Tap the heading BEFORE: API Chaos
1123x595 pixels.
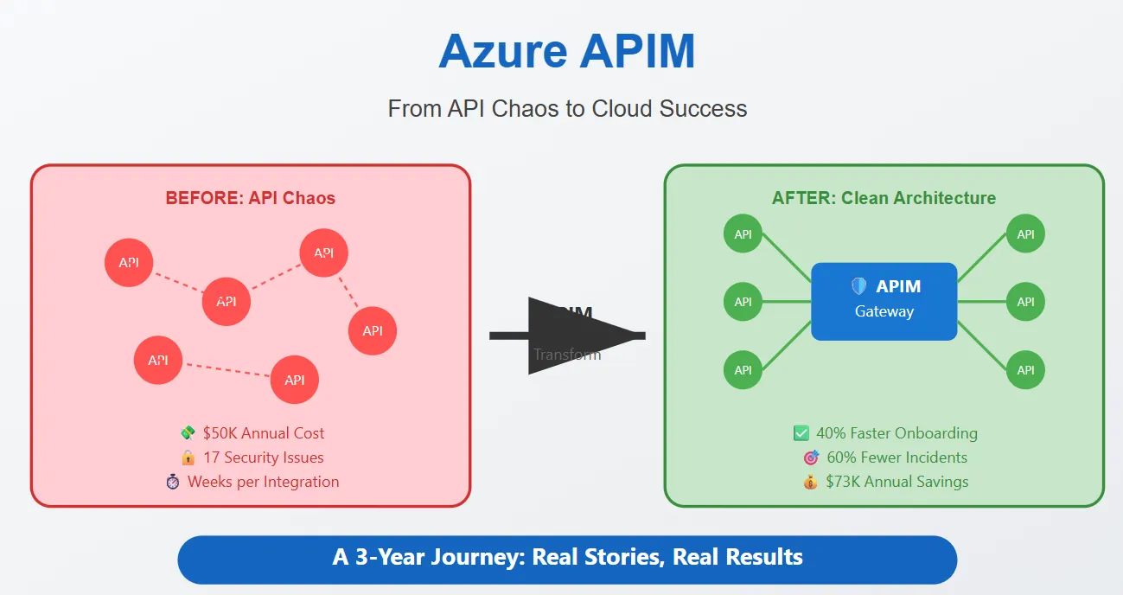[250, 198]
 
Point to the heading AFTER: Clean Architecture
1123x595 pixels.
[884, 198]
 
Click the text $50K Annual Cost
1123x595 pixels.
[264, 433]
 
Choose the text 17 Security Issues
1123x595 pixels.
[263, 457]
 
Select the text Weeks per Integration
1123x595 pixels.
[263, 482]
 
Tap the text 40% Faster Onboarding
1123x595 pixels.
[896, 433]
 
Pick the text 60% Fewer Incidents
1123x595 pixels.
[896, 457]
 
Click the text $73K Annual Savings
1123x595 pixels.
[896, 482]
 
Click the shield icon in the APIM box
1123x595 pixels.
[858, 286]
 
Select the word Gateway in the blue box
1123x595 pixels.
[884, 311]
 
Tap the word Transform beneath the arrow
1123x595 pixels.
[566, 355]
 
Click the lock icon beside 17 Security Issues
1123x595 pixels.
[188, 457]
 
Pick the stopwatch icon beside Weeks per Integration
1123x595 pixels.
[172, 482]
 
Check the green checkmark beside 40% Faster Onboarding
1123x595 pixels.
[801, 433]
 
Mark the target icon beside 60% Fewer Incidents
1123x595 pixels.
[810, 457]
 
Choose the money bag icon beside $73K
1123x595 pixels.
[810, 482]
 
